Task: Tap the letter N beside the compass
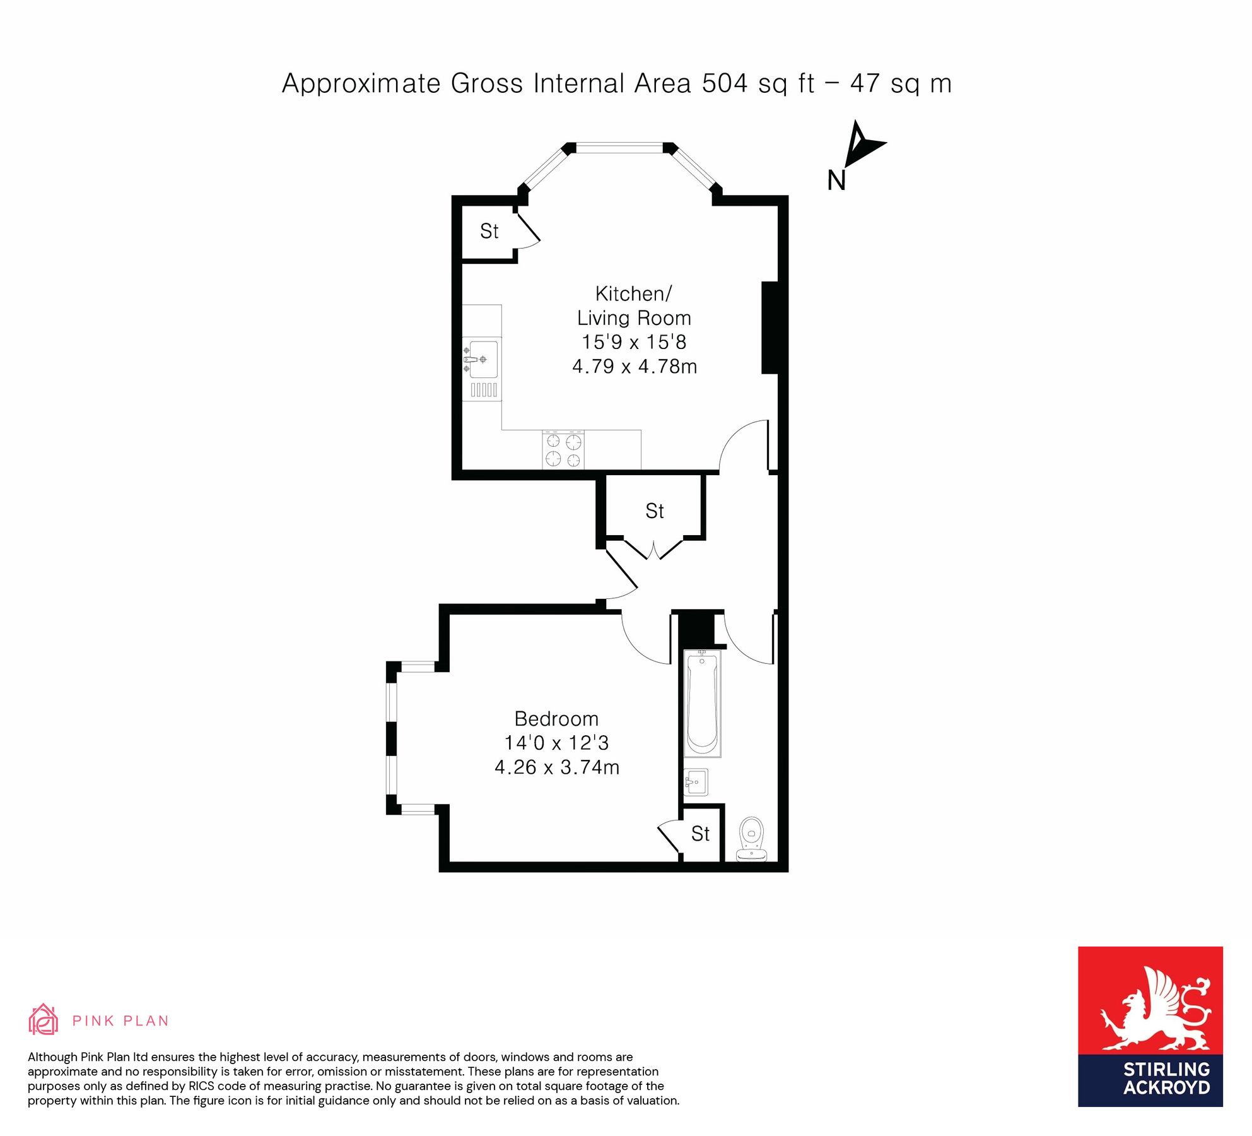pos(836,180)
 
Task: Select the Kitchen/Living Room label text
pos(634,305)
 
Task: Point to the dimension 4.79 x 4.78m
pos(635,366)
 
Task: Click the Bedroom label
pos(556,718)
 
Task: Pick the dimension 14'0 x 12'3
pos(556,743)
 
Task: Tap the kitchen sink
pos(483,359)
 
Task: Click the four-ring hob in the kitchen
pos(563,450)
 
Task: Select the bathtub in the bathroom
pos(702,703)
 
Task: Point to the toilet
pos(751,838)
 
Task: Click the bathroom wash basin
pos(696,782)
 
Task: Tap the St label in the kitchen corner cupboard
pos(489,232)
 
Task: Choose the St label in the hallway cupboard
pos(655,511)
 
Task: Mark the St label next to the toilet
pos(700,834)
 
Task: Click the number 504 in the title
pos(725,83)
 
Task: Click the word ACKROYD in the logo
pos(1166,1088)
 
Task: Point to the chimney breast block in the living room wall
pos(770,328)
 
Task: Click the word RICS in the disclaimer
pos(200,1086)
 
